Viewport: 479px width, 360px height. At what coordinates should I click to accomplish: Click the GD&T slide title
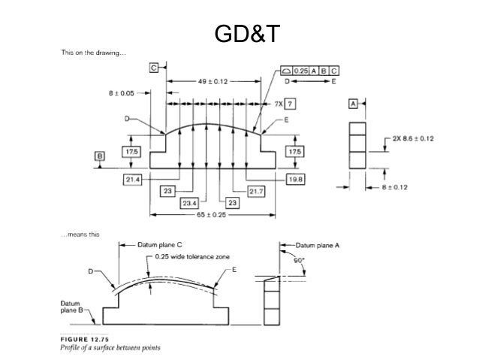[x=239, y=34]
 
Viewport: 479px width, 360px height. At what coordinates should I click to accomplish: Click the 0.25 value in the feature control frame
[x=301, y=70]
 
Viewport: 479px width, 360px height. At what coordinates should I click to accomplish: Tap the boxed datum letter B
[x=99, y=156]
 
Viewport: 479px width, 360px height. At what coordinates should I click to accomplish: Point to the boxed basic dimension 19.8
[x=294, y=179]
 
